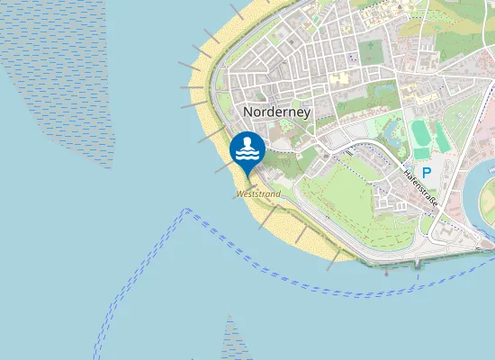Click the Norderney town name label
(x=276, y=112)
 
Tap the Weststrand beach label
(x=257, y=193)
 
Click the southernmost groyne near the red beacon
(x=333, y=259)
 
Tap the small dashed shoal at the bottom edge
(x=234, y=342)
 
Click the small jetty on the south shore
(x=418, y=264)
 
